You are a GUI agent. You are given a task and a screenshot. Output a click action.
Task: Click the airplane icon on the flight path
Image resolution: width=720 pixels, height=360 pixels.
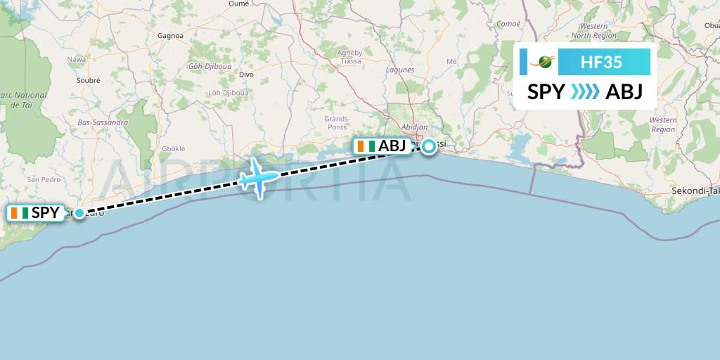point(257,176)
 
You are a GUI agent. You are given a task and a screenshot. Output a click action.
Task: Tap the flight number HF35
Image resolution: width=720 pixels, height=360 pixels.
point(600,62)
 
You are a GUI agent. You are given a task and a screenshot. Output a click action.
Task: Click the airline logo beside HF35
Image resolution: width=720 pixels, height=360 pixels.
point(546,62)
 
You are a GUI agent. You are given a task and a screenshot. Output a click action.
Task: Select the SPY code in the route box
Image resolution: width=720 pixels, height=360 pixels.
point(546,92)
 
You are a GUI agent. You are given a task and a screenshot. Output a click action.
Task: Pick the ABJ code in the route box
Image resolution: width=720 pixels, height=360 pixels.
point(624,92)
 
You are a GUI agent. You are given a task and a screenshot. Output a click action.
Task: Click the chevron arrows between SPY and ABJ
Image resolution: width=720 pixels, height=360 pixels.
point(585,92)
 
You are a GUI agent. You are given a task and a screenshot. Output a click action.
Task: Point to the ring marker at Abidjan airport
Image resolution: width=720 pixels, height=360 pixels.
point(427,147)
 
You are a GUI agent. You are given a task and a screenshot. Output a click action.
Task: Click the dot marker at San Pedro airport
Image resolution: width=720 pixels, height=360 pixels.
point(79,212)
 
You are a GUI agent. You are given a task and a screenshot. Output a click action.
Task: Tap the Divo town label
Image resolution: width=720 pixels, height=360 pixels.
point(246,74)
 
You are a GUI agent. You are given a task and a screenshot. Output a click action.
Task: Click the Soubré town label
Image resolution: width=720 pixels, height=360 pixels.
point(89,80)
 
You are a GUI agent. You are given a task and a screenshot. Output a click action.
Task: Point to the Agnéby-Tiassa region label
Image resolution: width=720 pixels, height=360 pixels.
point(349,57)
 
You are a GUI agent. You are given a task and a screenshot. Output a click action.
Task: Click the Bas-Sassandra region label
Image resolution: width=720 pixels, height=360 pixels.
point(103,122)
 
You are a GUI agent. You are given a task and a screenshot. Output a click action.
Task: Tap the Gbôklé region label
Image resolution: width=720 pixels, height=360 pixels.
point(173,149)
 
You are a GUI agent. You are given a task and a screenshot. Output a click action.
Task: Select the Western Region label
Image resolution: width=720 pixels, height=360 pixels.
point(663,124)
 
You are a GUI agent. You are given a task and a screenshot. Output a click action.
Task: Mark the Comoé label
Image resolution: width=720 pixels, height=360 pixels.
point(508,23)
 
